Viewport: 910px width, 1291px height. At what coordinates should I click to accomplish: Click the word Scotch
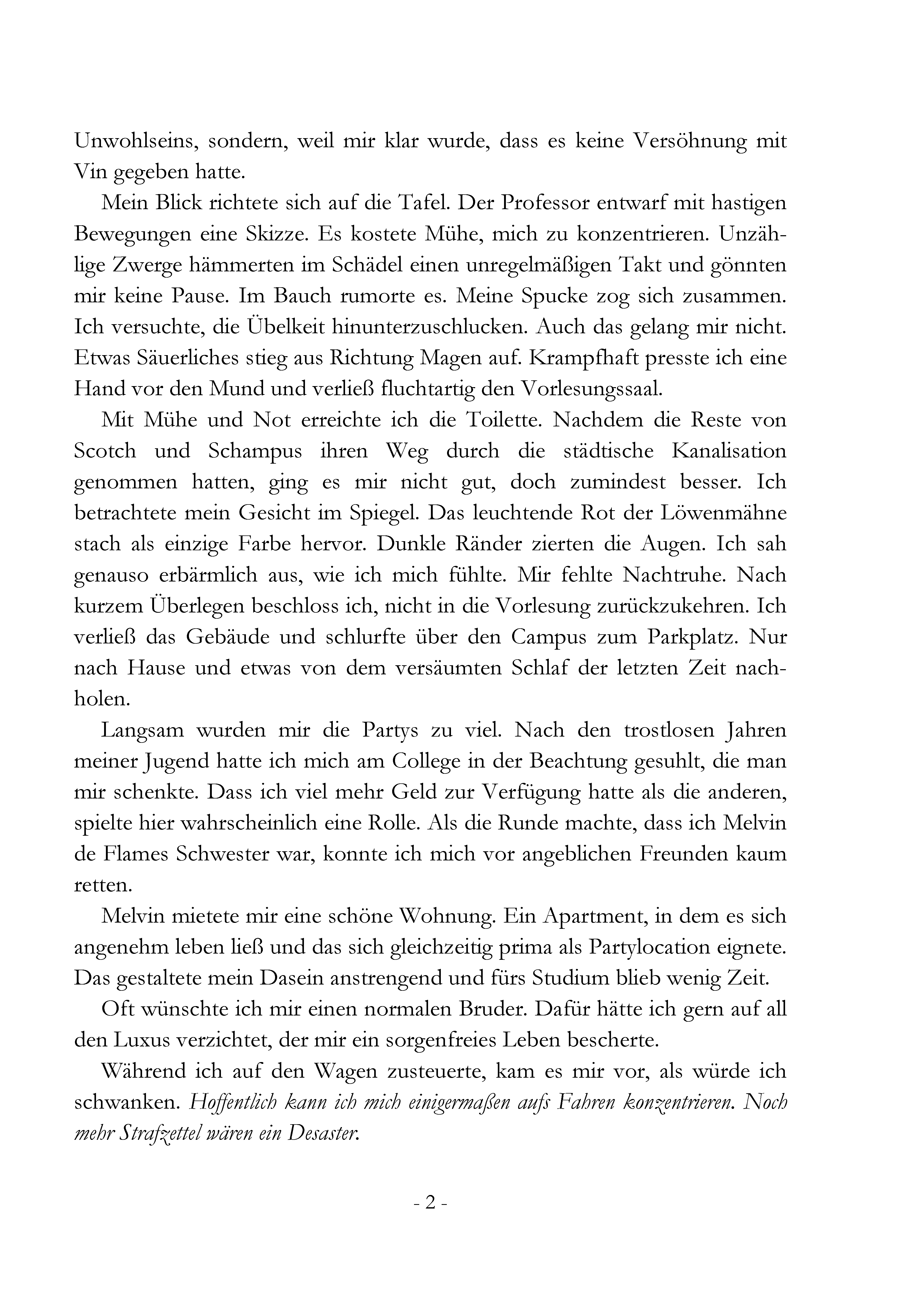click(105, 451)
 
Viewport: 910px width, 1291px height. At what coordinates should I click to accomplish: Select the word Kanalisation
click(729, 451)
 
